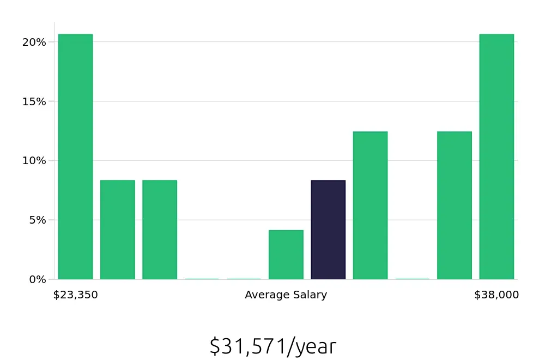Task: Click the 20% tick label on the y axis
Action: click(34, 42)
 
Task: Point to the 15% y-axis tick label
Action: click(34, 101)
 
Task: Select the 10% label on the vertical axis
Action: click(34, 161)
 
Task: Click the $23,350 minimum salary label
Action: click(75, 295)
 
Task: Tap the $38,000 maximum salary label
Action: click(496, 295)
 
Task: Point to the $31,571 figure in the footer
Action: click(247, 346)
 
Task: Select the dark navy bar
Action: click(328, 230)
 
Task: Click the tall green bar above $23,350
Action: click(75, 157)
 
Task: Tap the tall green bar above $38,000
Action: click(496, 157)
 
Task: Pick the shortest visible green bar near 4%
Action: click(286, 255)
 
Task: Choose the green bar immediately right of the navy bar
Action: click(370, 206)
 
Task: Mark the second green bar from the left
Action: click(117, 230)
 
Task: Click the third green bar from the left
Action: click(160, 230)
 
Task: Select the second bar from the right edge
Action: click(454, 206)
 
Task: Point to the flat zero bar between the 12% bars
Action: click(412, 279)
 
